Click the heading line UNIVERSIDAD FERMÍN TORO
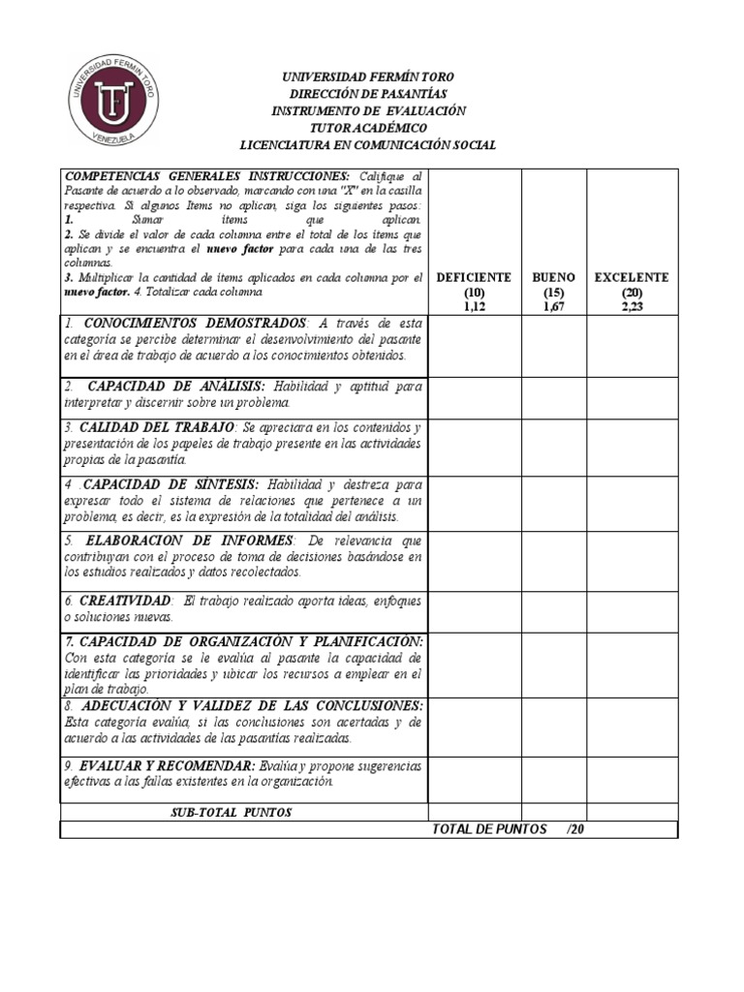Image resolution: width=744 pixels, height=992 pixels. click(367, 77)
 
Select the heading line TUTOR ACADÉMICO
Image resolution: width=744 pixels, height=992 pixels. click(367, 128)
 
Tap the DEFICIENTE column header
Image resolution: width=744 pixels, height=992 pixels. click(474, 277)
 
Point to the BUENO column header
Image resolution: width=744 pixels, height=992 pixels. click(554, 277)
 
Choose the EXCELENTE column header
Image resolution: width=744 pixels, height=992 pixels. click(632, 277)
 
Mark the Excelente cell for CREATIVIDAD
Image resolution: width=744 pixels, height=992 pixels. click(632, 611)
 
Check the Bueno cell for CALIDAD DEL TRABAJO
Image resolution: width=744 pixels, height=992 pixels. click(554, 448)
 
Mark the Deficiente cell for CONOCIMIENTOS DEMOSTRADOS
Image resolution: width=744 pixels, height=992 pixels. click(474, 346)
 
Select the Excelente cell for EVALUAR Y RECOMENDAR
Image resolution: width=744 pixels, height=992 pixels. click(632, 780)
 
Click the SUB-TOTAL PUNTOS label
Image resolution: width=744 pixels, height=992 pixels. click(231, 812)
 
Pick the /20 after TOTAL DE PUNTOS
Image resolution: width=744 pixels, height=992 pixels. click(575, 829)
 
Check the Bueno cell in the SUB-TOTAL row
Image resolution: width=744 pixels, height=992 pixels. click(554, 812)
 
